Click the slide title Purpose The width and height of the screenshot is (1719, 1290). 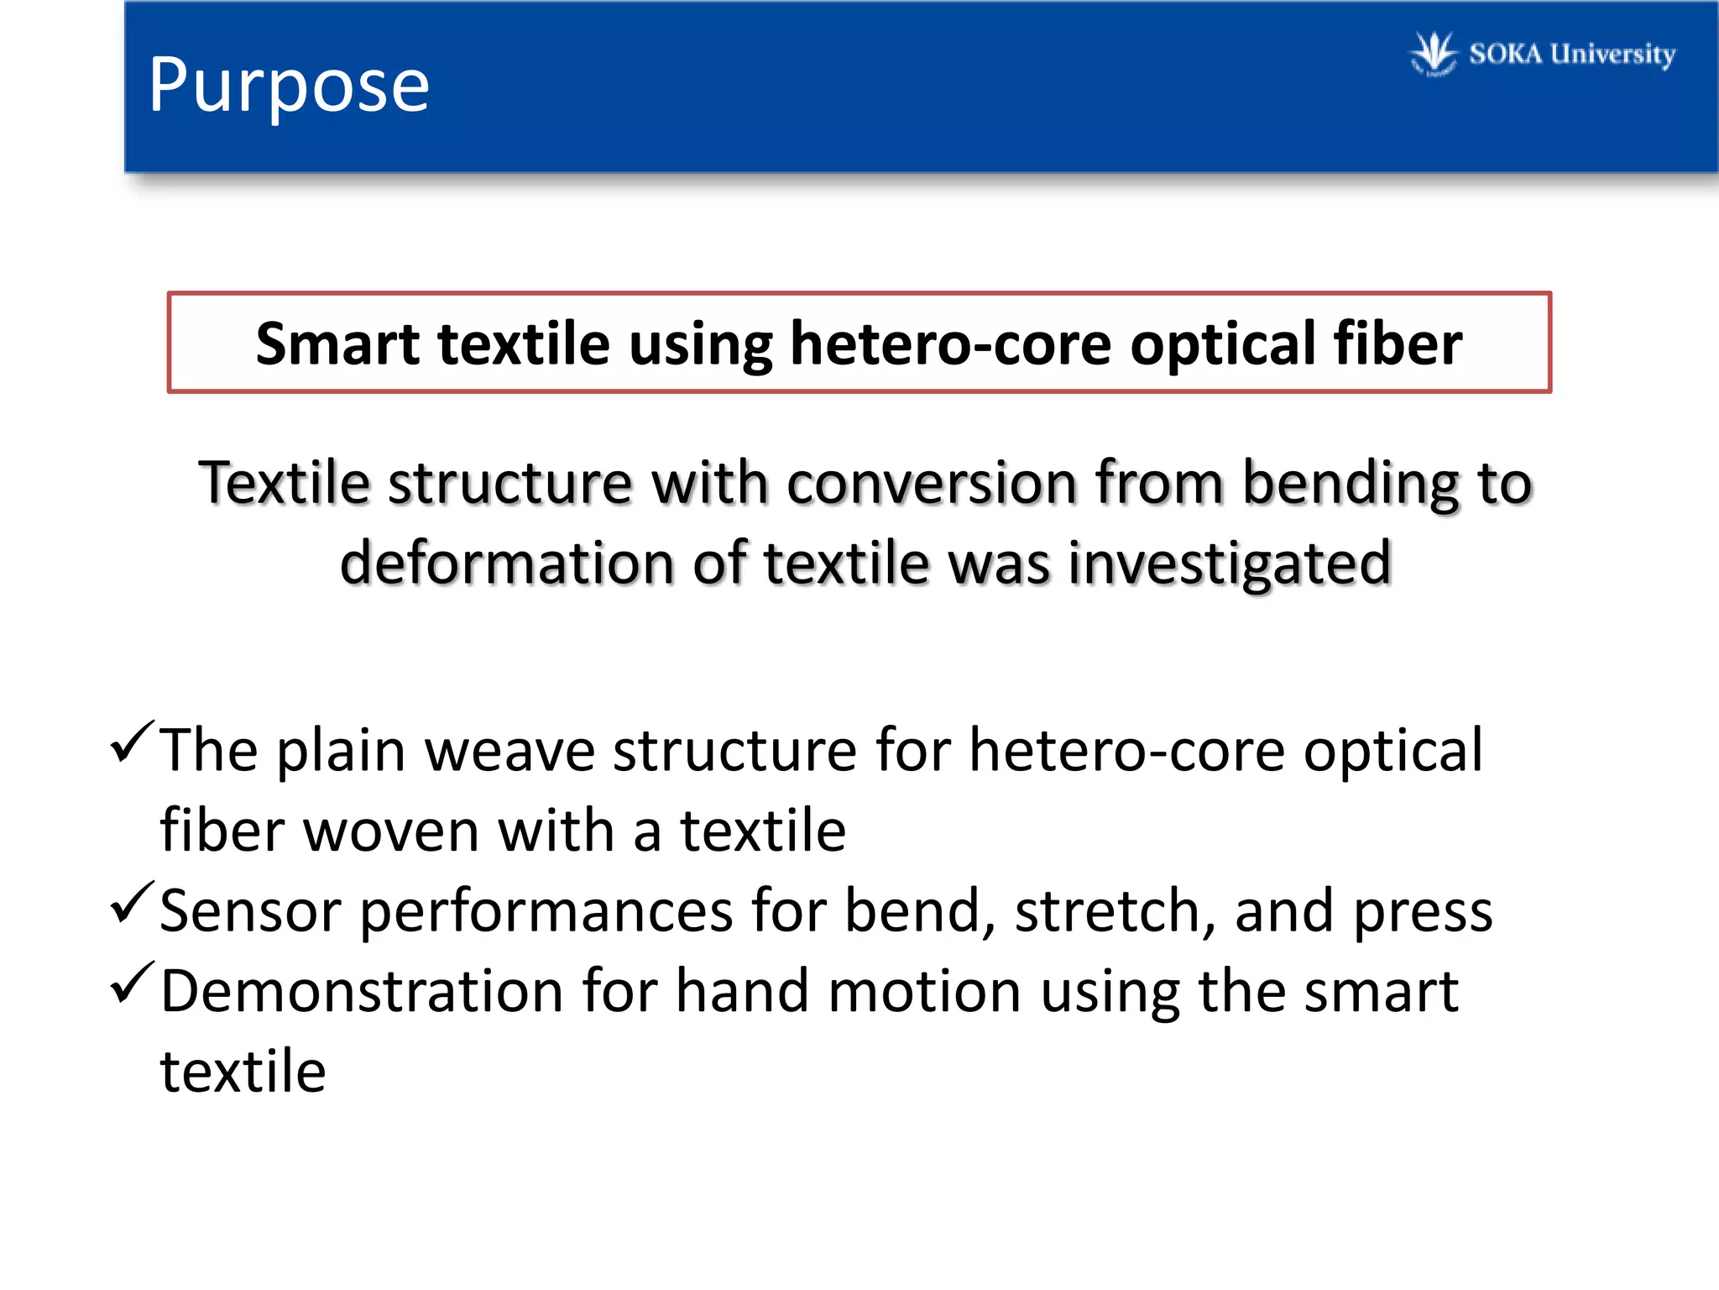point(289,87)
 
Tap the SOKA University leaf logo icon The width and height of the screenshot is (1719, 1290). point(1434,53)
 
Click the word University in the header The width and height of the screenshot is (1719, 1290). point(1612,55)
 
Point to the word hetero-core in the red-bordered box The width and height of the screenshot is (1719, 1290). point(950,343)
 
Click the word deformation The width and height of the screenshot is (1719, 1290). point(506,563)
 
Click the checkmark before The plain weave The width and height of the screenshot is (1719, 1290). point(133,741)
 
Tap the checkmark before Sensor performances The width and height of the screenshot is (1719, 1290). point(133,902)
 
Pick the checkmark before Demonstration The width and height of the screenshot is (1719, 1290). point(133,982)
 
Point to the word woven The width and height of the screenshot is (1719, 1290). point(390,831)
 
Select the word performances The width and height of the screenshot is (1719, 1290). point(546,912)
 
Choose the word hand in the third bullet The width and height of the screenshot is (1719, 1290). point(743,991)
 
